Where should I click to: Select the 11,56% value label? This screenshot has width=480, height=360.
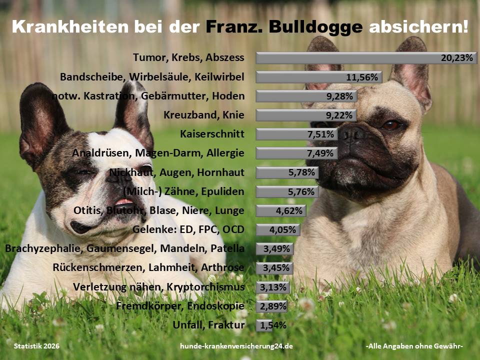(363, 77)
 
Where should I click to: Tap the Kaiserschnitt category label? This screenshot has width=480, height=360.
(212, 134)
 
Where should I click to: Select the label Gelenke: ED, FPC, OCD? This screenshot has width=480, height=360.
(188, 230)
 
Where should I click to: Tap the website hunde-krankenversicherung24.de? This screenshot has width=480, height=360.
(236, 346)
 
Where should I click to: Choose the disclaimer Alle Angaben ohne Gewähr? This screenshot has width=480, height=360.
(414, 346)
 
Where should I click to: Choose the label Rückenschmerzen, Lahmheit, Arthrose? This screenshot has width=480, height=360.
(148, 268)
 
